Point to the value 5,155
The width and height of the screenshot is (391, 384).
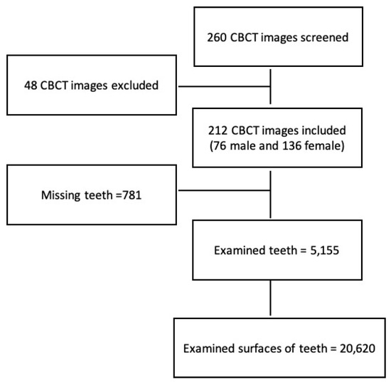pos(321,251)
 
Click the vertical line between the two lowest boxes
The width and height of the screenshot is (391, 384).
pos(271,297)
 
